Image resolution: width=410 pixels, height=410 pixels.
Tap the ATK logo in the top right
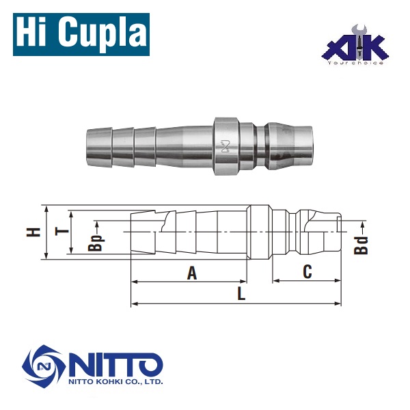coord(355,46)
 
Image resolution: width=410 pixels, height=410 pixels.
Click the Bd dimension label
coord(362,245)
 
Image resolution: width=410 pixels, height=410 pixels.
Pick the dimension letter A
coord(192,273)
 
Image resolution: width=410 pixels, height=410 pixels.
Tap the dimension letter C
coord(307,272)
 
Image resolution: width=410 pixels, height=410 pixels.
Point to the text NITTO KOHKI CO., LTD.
coord(115,383)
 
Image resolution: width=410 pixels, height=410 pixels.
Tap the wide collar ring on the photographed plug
coord(226,146)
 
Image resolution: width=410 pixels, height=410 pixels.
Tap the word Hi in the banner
coord(34,32)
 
